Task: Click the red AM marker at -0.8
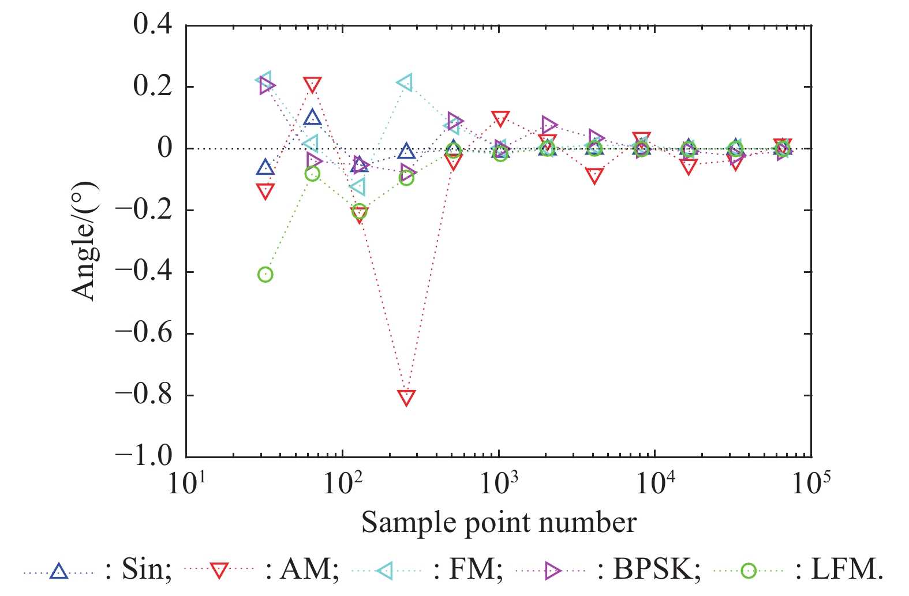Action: [x=406, y=397]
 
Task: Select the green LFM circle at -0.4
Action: [x=265, y=275]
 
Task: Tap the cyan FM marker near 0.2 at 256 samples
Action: [x=405, y=83]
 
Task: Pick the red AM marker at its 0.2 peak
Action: [x=312, y=85]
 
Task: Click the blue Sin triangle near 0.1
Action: [x=312, y=118]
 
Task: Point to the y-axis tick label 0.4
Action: [x=152, y=25]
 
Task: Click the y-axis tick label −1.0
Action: [x=144, y=456]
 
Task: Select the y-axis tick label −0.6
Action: [x=144, y=333]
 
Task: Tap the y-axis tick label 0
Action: [x=164, y=148]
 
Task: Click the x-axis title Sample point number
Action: [x=499, y=523]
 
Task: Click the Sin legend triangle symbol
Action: [x=58, y=571]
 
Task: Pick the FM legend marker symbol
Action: [x=385, y=571]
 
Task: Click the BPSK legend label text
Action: [x=657, y=570]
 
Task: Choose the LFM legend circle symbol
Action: [x=749, y=571]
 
